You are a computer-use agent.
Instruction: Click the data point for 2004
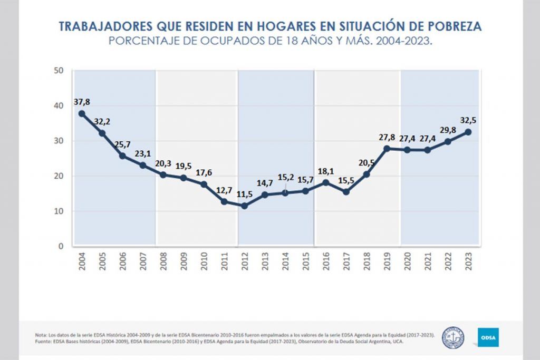click(x=82, y=113)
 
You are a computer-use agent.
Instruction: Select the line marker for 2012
click(x=245, y=206)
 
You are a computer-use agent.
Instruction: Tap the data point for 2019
click(x=387, y=148)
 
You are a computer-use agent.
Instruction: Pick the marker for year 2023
click(x=468, y=132)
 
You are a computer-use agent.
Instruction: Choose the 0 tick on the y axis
click(x=61, y=246)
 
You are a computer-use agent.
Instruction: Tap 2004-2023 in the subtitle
click(x=404, y=41)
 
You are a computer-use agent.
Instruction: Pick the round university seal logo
click(x=452, y=336)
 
